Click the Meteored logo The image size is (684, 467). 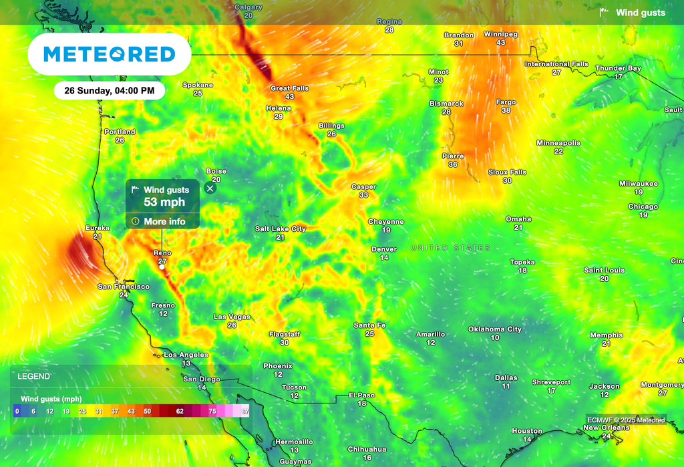coord(110,54)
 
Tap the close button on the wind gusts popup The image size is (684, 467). coord(210,188)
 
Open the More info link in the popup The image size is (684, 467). coord(164,221)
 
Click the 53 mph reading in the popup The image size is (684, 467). coord(164,202)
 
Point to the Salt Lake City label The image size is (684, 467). coord(281,229)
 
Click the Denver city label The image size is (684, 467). coord(384,249)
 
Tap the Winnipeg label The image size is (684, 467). coord(497,34)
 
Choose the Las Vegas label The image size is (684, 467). coord(232,317)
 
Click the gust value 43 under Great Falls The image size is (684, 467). coord(289,97)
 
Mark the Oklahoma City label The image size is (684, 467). coord(495,329)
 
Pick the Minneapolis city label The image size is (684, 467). coord(558,143)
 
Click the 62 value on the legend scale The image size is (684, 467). coord(180,412)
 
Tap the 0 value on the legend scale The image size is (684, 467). coord(17,412)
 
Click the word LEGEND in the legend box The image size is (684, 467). coord(33,377)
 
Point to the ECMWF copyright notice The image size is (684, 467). coord(626,420)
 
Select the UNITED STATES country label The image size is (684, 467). coord(451,248)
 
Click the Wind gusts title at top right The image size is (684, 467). coord(640,13)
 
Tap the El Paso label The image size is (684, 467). coord(362,396)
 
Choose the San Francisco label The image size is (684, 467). coord(124,287)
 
